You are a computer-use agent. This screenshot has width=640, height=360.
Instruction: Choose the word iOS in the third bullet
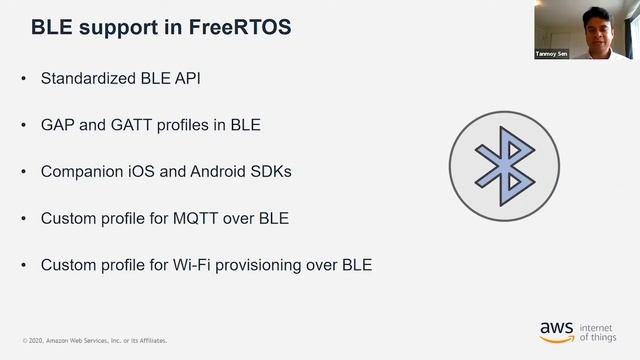pyautogui.click(x=142, y=171)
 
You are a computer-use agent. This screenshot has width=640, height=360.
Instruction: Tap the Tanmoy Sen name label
pyautogui.click(x=552, y=54)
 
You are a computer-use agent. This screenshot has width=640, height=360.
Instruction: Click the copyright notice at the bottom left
pyautogui.click(x=95, y=340)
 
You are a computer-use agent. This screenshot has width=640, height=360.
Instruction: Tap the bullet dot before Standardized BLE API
pyautogui.click(x=24, y=78)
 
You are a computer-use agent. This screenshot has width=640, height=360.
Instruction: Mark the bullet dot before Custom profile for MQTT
pyautogui.click(x=24, y=218)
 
